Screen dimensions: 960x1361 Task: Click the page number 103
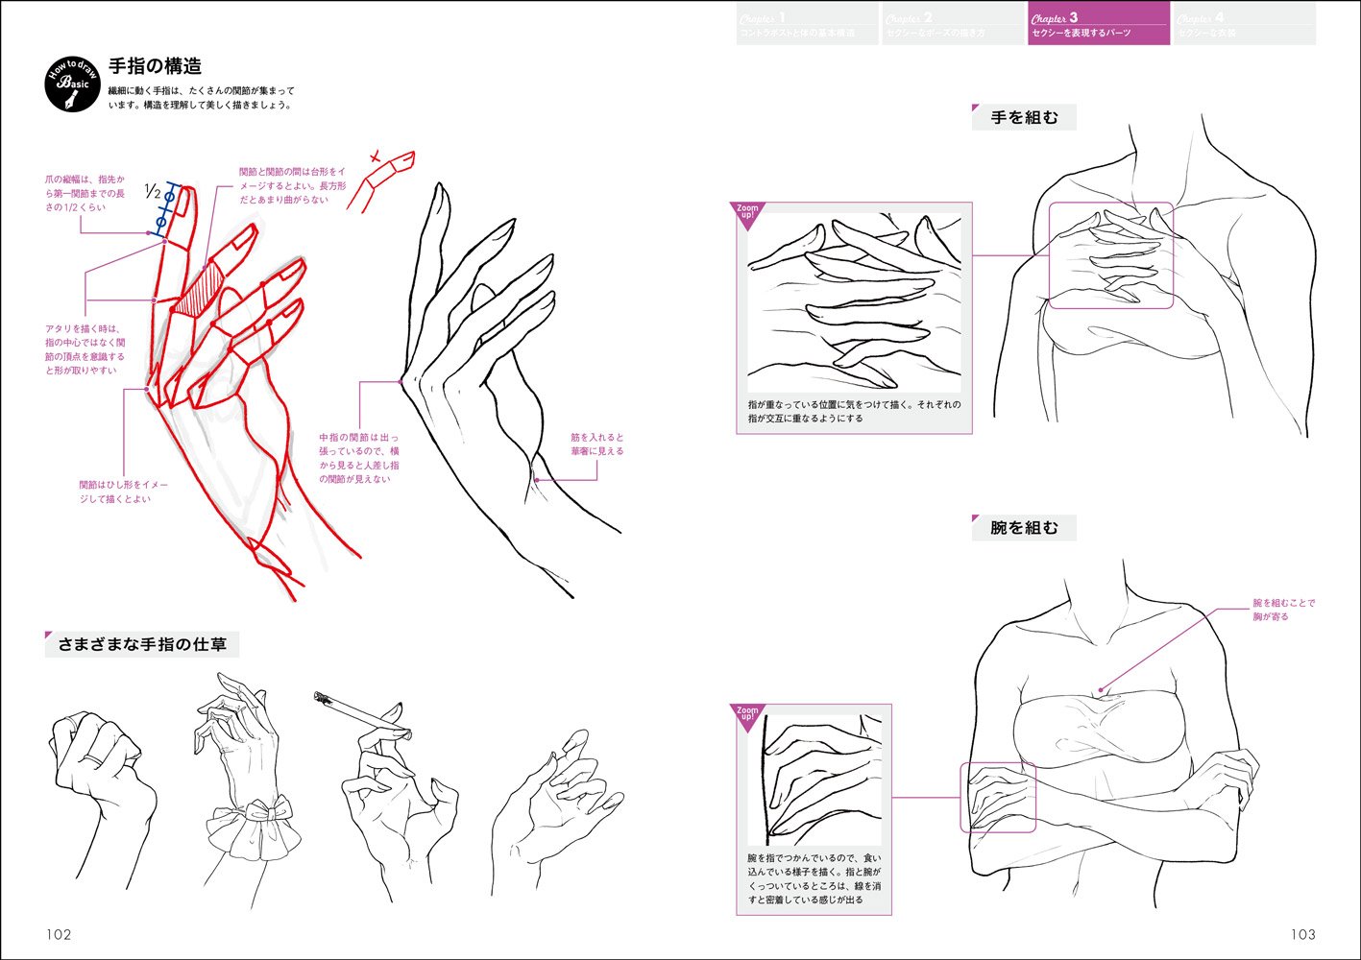(1302, 934)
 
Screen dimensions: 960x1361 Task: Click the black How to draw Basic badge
(72, 84)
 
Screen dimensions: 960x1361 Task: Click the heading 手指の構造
(155, 66)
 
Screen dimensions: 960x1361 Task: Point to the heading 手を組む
(1024, 118)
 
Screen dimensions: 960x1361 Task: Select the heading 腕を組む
(1024, 528)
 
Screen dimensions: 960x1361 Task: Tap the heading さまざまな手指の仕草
(142, 644)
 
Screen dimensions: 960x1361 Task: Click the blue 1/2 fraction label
(152, 192)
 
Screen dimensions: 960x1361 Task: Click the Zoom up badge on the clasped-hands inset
(747, 214)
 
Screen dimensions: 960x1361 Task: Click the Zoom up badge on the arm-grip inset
(747, 717)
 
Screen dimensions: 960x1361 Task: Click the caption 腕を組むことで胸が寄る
(1283, 610)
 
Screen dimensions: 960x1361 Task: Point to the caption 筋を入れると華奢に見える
(596, 444)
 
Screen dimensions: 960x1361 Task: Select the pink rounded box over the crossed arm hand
(998, 797)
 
